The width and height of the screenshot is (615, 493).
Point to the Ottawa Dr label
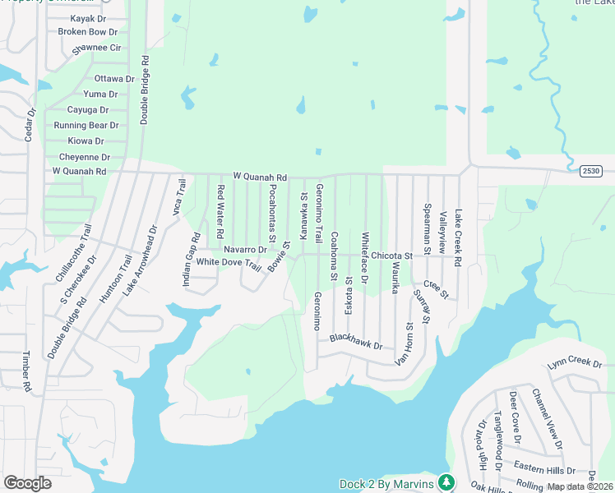pos(114,79)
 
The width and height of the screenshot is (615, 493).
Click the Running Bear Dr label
pos(86,126)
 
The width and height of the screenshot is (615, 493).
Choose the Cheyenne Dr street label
pos(85,157)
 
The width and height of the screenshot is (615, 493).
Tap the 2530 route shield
pos(590,170)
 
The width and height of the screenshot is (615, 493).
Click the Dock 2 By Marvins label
pos(386,484)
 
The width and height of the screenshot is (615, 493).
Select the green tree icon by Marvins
pos(446,482)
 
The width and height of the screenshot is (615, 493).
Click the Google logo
pos(28,483)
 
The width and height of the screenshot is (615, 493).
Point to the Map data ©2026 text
pos(580,486)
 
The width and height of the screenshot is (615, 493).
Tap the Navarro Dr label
pos(245,249)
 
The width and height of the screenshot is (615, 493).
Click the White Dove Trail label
pos(228,262)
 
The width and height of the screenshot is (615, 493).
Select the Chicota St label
pos(391,256)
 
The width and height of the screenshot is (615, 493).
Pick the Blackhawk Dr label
pos(356,341)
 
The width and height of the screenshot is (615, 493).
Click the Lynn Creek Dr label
pos(575,362)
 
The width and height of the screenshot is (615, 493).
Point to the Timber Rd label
pos(26,371)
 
